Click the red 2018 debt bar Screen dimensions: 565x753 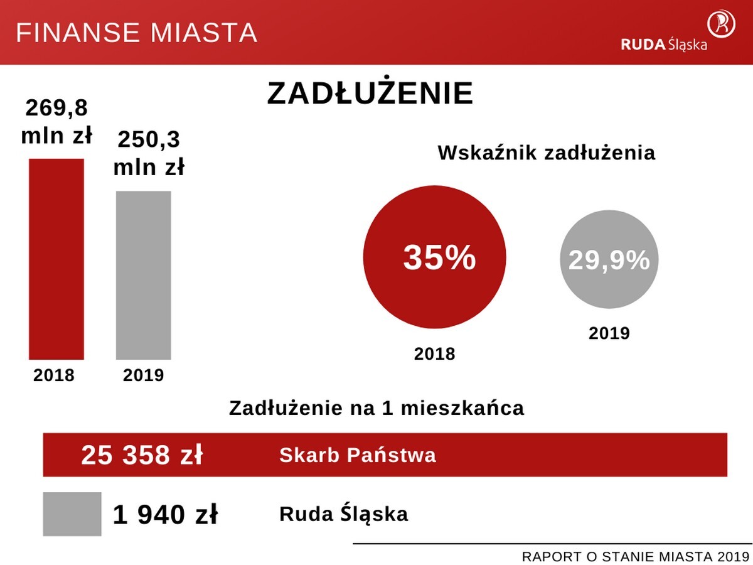click(56, 259)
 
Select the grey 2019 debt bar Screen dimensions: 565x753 click(143, 275)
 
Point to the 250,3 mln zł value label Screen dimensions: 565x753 click(149, 153)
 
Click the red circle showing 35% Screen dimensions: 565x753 click(434, 257)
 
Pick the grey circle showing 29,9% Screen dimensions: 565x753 click(609, 260)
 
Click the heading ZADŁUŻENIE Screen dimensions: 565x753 click(370, 94)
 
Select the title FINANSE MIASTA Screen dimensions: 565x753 click(137, 33)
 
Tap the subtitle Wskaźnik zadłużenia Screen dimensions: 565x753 click(546, 153)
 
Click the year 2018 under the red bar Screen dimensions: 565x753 click(54, 375)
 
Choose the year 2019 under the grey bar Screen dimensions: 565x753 click(143, 375)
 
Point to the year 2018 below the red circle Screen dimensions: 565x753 click(434, 354)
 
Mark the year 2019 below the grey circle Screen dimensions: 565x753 click(609, 333)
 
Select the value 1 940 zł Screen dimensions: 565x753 click(166, 515)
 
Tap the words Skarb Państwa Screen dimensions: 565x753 click(358, 455)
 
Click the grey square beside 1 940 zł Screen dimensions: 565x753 click(72, 514)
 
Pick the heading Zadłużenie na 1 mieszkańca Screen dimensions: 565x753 click(376, 408)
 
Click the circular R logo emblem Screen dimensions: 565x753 click(722, 23)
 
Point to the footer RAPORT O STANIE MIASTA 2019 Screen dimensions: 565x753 click(636, 557)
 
